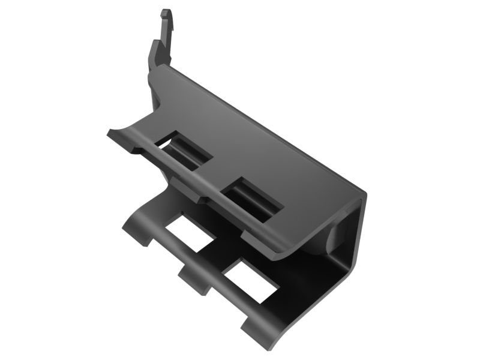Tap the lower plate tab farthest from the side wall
tap(134, 231)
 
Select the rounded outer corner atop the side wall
tap(362, 195)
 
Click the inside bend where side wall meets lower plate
tap(336, 282)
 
